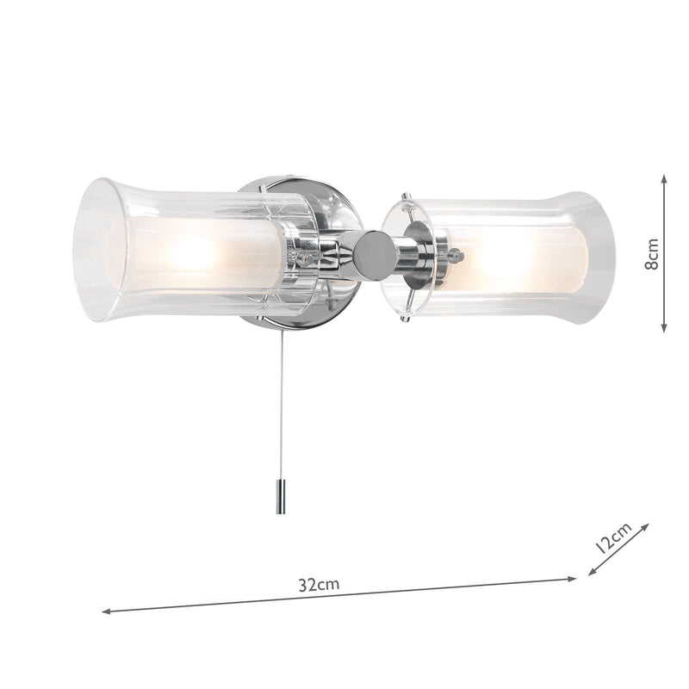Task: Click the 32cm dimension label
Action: click(320, 584)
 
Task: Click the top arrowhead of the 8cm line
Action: click(665, 177)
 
